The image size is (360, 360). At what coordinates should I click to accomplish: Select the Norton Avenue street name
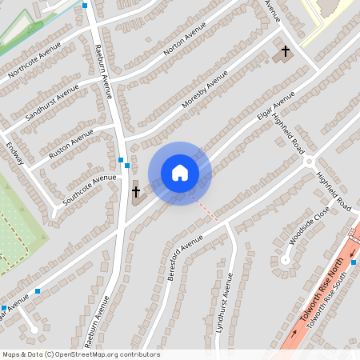(184, 38)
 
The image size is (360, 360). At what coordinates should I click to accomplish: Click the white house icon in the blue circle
(179, 172)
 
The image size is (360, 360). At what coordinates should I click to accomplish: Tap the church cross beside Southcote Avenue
(136, 191)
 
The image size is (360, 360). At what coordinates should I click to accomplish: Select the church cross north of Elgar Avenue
(285, 52)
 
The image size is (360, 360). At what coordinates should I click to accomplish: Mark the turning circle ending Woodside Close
(285, 259)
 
